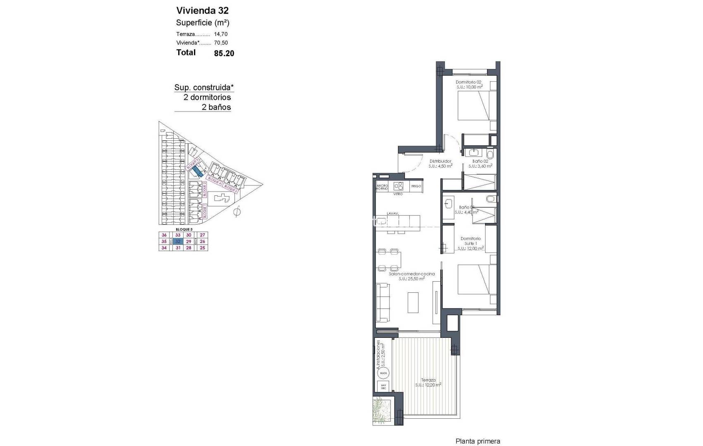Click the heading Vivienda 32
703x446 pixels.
click(202, 10)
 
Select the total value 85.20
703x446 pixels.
click(224, 53)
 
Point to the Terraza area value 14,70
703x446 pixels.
click(221, 34)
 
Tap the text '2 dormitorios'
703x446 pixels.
click(207, 97)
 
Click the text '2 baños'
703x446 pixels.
click(216, 107)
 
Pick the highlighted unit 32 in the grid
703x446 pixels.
click(178, 242)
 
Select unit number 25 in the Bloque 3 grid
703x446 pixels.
click(202, 248)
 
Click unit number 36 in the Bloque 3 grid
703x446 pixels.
click(164, 235)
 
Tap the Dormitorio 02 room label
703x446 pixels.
click(469, 82)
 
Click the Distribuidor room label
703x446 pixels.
click(440, 161)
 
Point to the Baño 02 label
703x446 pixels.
click(480, 161)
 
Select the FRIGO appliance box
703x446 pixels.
click(416, 186)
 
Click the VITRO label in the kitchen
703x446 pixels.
click(398, 194)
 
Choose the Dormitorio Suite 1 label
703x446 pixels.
click(470, 241)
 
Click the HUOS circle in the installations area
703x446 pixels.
click(383, 373)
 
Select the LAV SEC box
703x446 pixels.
click(383, 387)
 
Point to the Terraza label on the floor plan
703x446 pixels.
click(428, 380)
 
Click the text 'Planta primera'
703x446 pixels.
click(478, 441)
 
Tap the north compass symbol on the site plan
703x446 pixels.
click(237, 212)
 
